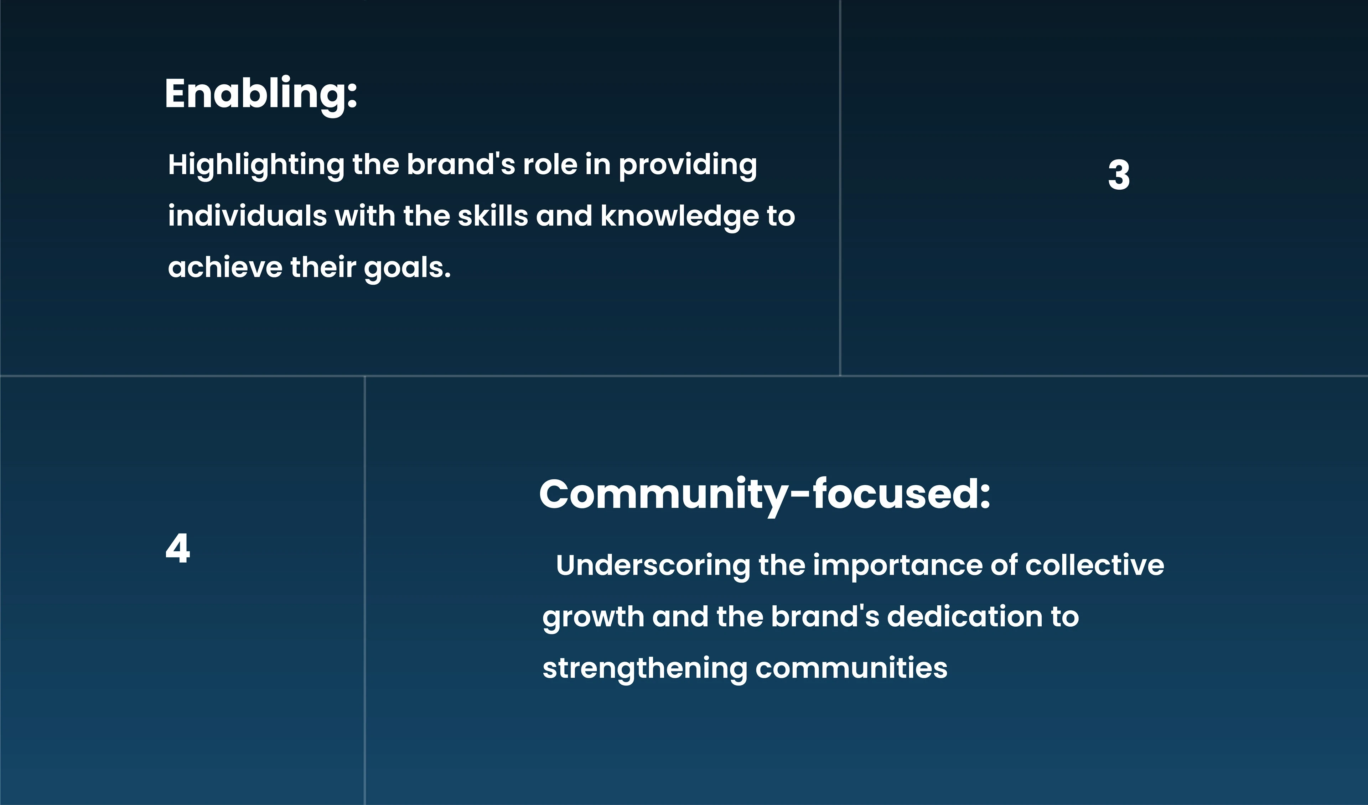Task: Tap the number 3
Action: click(x=1119, y=175)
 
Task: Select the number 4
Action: click(x=177, y=548)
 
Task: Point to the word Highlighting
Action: click(x=256, y=165)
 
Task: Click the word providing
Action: click(x=688, y=165)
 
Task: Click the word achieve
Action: click(x=225, y=267)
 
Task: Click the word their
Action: click(x=323, y=267)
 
